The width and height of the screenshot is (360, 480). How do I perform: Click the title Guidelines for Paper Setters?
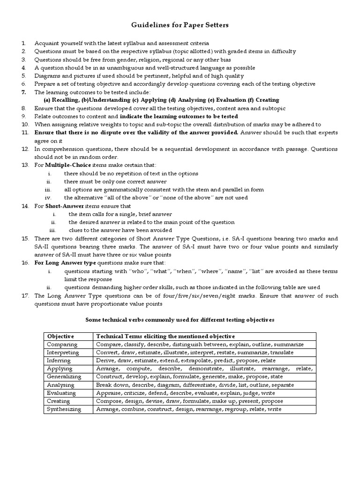[x=180, y=25]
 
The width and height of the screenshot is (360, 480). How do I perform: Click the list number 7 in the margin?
[x=23, y=92]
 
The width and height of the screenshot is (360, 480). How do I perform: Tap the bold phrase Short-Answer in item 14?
[x=62, y=206]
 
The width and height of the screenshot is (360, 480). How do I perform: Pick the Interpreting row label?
[x=63, y=352]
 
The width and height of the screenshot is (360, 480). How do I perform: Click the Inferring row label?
[x=59, y=360]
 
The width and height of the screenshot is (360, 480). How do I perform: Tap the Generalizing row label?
[x=64, y=376]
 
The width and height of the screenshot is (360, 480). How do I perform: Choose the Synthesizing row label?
[x=64, y=409]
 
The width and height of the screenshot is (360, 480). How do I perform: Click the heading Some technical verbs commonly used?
[x=180, y=320]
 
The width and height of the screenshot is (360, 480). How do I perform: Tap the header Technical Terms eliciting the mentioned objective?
[x=165, y=336]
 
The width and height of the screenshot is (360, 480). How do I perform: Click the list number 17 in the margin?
[x=25, y=296]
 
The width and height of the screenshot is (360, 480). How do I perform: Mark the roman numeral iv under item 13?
[x=47, y=197]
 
